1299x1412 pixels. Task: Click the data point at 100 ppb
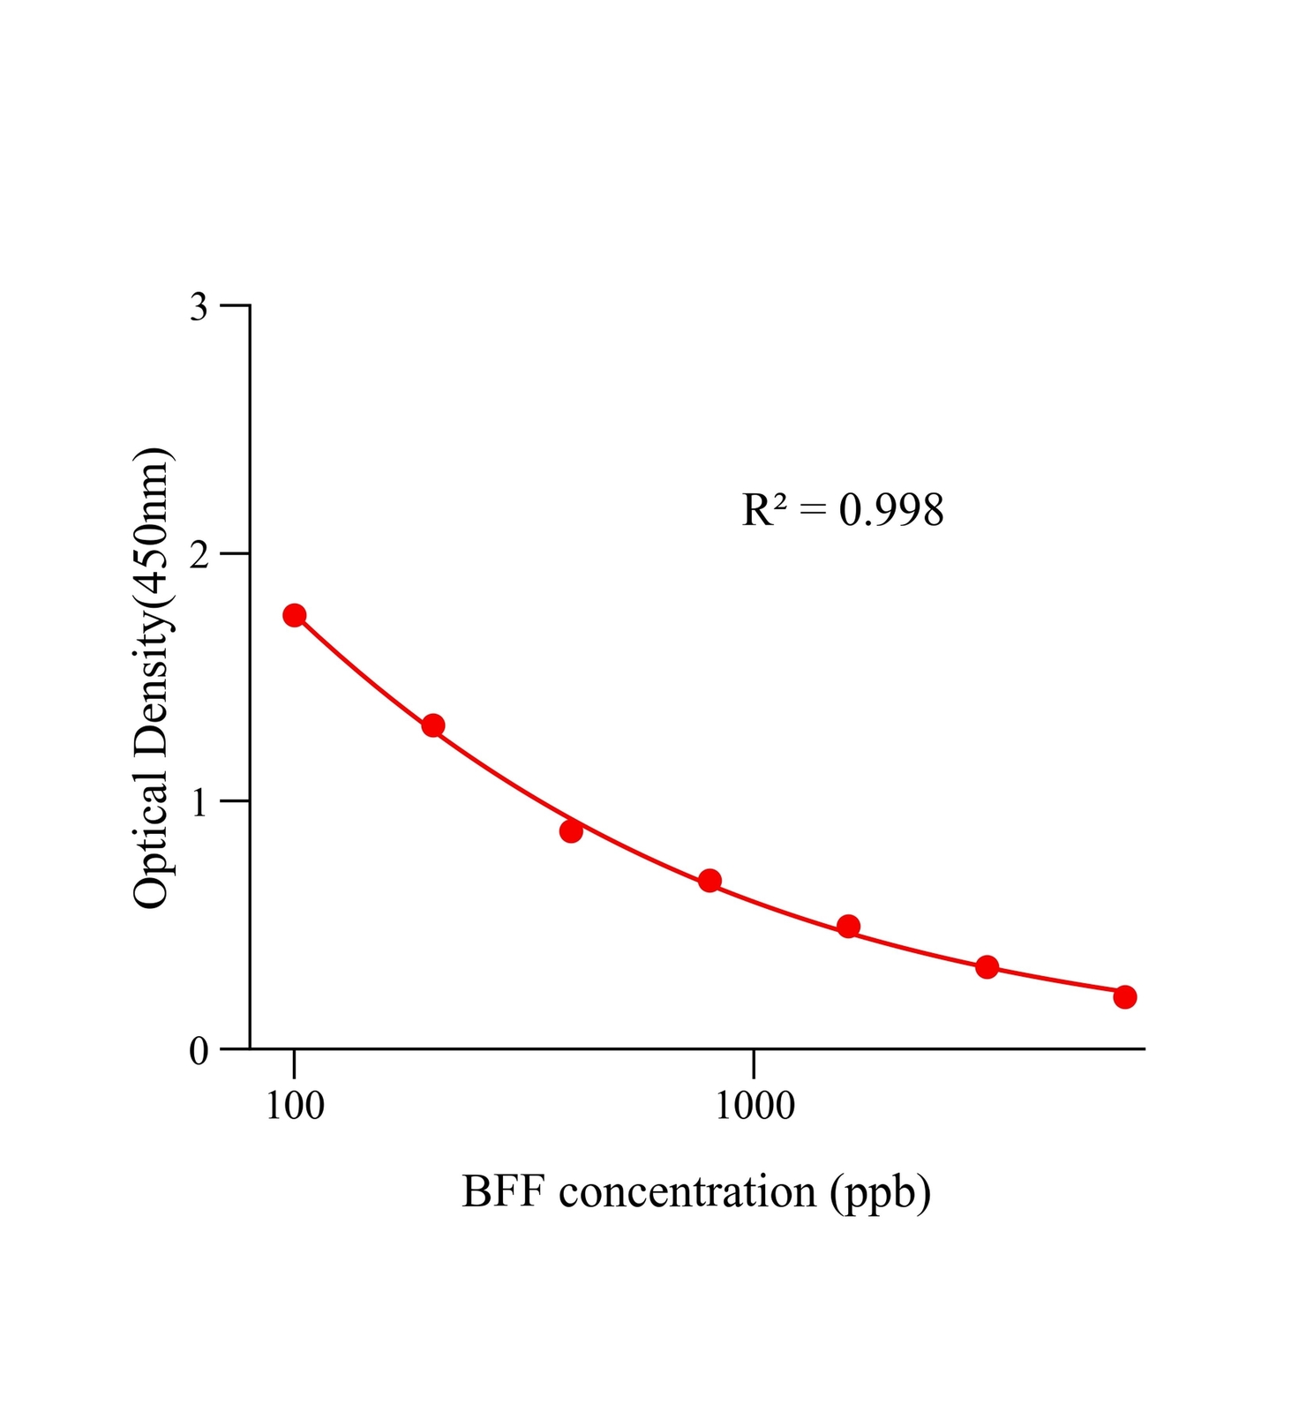295,615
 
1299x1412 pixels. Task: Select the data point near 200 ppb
433,725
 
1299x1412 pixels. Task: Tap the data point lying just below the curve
571,831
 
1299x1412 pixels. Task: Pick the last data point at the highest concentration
1125,997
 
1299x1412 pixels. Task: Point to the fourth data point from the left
710,881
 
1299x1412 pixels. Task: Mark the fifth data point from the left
848,927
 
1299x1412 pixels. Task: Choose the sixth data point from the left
987,967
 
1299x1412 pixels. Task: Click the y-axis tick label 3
199,307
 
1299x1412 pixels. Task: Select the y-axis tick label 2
199,555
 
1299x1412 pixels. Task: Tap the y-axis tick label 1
199,803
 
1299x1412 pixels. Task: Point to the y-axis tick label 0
199,1051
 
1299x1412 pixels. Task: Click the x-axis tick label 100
295,1106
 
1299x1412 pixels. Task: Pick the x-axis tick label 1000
755,1106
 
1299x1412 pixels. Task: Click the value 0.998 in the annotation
891,510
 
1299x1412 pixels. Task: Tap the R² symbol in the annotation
764,510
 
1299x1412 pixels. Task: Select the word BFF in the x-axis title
503,1193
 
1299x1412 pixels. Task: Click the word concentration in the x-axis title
687,1193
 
